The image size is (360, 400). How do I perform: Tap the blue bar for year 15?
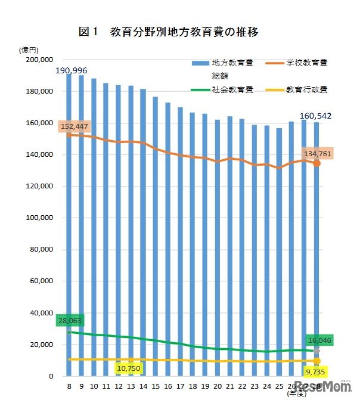tap(156, 238)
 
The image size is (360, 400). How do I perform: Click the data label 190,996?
tap(72, 70)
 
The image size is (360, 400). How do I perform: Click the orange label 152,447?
tap(73, 126)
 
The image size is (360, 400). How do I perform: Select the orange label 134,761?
tap(316, 154)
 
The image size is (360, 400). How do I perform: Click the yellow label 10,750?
tap(130, 368)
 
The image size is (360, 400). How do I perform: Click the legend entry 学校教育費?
tap(306, 63)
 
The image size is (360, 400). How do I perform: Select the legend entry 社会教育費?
tap(232, 90)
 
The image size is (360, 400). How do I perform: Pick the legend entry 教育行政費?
tap(306, 90)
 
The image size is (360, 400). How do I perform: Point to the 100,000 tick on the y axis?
tap(40, 218)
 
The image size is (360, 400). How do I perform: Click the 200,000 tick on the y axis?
tap(40, 60)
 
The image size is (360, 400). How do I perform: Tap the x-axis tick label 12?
tap(118, 387)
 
